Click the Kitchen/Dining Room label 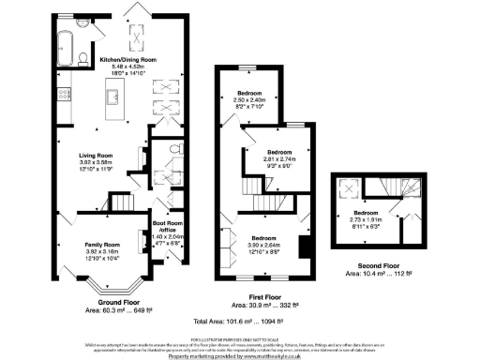(127, 59)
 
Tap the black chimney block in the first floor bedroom (304, 248)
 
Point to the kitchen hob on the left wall (62, 93)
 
